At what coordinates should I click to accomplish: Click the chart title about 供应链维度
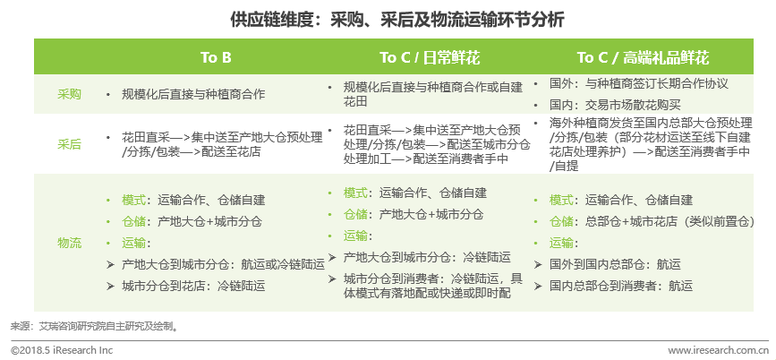397,21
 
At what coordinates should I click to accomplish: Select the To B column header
216,57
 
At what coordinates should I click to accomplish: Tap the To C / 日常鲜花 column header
430,57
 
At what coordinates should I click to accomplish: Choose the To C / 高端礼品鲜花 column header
643,57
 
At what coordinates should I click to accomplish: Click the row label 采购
69,94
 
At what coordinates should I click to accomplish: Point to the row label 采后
69,144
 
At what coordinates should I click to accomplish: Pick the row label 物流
69,244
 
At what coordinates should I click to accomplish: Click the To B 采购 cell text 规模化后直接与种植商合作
193,94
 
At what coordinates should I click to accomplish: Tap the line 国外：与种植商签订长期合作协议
639,83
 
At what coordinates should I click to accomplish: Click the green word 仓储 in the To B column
133,221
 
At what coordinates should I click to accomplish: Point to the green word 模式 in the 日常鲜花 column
355,193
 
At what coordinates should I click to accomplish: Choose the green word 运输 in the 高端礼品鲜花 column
561,244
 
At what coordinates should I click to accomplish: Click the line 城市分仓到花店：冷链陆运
193,286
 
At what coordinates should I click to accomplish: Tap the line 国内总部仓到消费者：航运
621,286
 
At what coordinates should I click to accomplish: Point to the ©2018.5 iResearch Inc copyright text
62,350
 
